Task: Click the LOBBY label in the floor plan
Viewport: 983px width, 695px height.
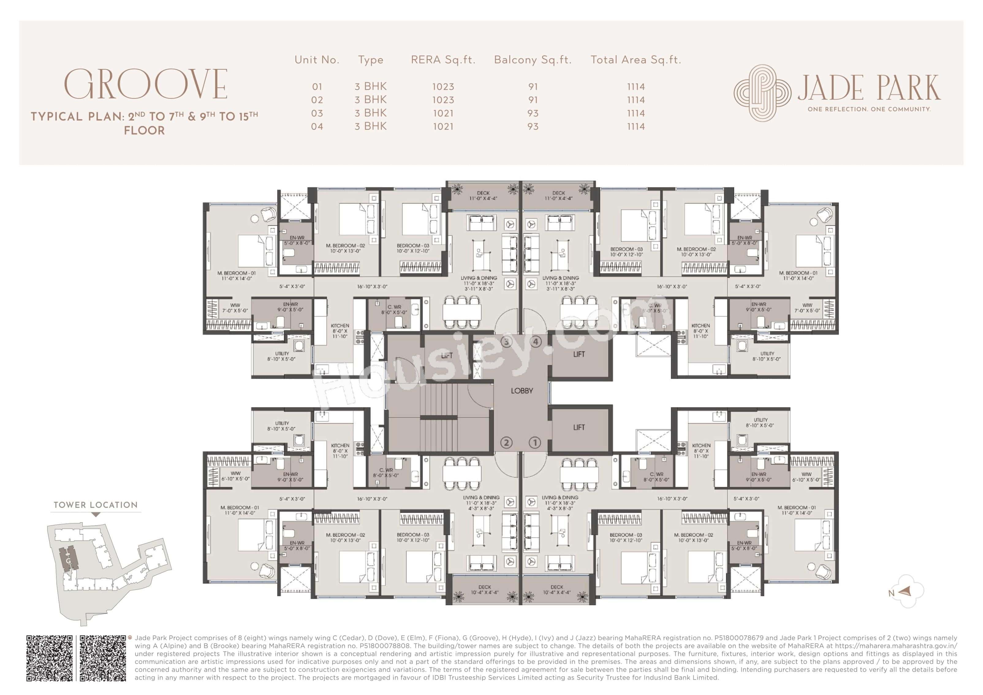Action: tap(522, 391)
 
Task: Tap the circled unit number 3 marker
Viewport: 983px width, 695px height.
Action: tap(507, 342)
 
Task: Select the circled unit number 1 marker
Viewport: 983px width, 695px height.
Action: tap(535, 443)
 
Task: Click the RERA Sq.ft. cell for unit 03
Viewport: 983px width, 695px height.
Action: tap(443, 113)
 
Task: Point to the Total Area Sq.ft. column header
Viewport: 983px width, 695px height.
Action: tap(635, 60)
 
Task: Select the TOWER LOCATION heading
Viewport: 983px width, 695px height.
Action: tap(96, 505)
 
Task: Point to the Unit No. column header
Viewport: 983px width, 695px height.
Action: tap(317, 60)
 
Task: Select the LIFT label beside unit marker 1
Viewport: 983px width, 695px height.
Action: tap(579, 427)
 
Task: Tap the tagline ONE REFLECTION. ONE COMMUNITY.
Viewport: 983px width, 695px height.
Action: tap(869, 109)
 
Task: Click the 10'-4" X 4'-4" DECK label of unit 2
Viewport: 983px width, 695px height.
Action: tap(485, 590)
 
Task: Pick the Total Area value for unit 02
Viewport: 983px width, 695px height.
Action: tap(635, 100)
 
